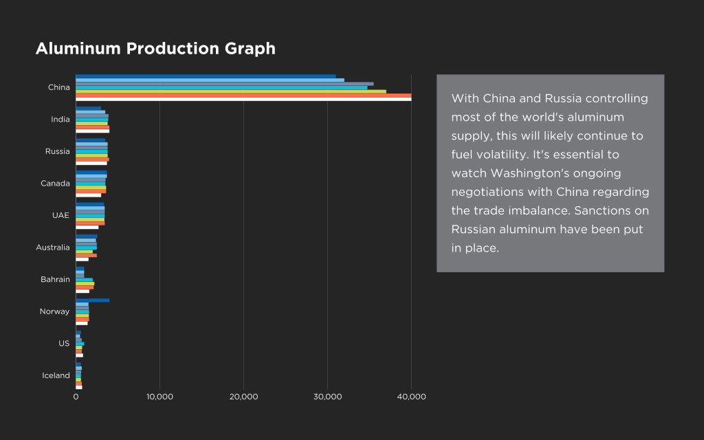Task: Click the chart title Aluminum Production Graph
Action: (155, 49)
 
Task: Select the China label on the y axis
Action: (58, 87)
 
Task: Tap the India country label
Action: (60, 120)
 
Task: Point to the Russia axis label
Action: (58, 151)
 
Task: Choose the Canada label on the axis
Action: (55, 184)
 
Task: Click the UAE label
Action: (60, 215)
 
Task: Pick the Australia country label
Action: (53, 247)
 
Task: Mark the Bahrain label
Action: (55, 280)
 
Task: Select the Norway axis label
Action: (55, 311)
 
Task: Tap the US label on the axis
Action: (64, 344)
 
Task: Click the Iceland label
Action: (56, 375)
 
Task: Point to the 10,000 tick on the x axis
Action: (159, 397)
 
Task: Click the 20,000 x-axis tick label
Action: (243, 397)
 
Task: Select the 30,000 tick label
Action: (328, 397)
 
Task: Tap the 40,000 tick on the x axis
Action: (412, 397)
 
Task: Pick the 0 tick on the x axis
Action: (76, 397)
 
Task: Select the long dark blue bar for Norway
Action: (92, 300)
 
